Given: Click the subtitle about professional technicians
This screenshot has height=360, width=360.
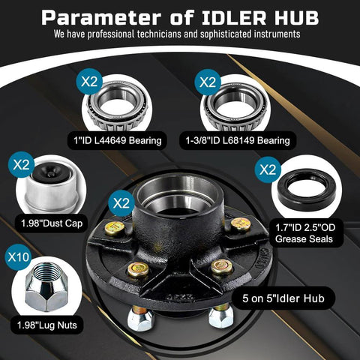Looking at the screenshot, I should (180, 34).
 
